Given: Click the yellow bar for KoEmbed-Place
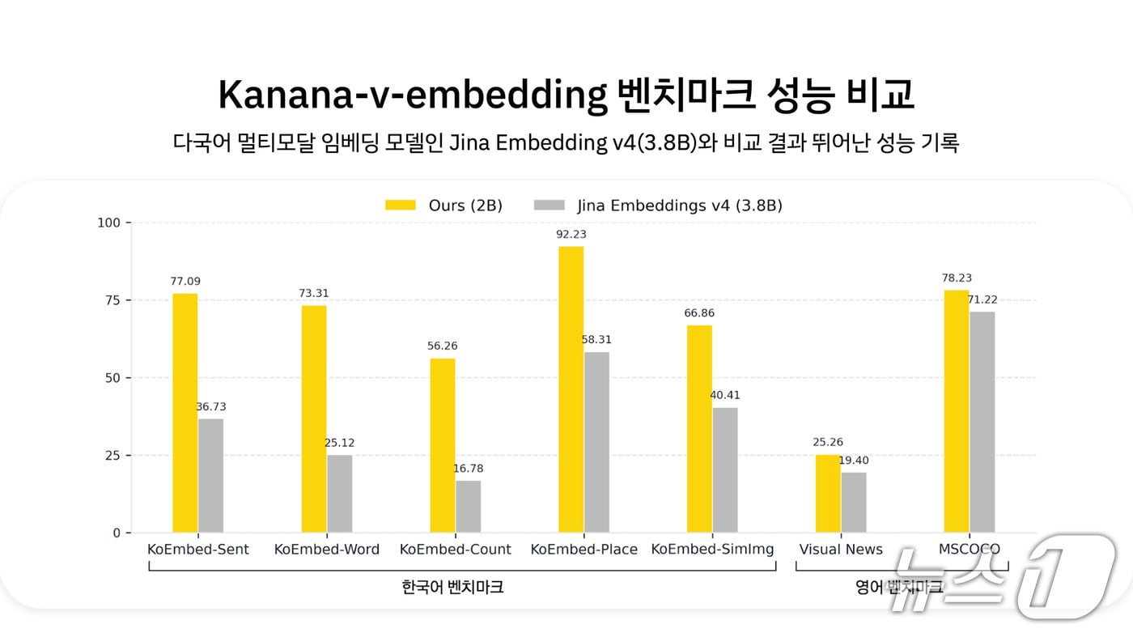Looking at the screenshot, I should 571,389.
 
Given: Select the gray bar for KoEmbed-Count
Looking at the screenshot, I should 469,507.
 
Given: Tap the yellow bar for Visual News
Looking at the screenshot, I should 827,494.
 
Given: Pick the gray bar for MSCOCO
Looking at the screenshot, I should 982,422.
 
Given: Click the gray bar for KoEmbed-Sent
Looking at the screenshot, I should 210,475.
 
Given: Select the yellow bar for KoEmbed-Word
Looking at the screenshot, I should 313,418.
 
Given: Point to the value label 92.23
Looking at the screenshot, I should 571,234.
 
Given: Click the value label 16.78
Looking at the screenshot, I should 469,469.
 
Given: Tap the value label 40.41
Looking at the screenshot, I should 725,395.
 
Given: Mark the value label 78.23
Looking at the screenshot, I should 957,278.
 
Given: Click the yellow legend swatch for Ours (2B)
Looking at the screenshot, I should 401,206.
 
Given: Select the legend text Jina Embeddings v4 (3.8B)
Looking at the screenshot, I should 680,206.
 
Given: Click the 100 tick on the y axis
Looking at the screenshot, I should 108,223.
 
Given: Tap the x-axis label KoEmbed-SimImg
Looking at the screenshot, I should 712,549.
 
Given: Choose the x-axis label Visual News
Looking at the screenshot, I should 841,549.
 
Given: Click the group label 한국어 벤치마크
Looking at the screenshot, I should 452,587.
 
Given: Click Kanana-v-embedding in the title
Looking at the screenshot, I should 412,96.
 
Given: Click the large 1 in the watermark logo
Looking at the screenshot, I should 1067,576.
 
